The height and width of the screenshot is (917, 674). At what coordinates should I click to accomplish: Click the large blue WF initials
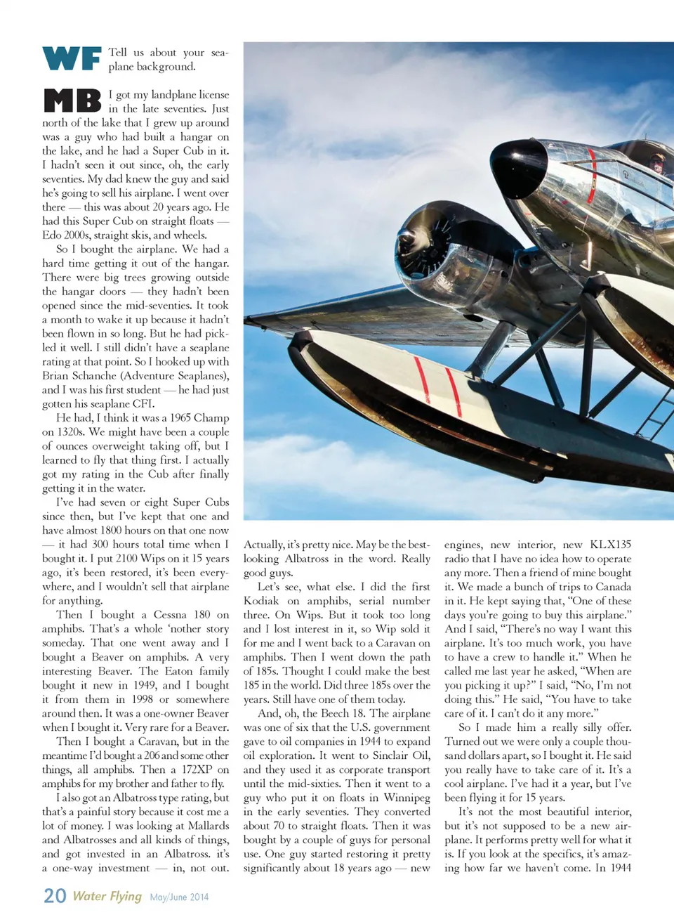pos(72,59)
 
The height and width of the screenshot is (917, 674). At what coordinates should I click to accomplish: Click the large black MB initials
pos(72,100)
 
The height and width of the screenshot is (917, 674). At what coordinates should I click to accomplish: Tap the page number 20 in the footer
pos(55,896)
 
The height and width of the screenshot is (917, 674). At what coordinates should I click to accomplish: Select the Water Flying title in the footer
pos(107,896)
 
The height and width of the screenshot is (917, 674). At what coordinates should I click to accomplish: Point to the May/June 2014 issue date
pos(179,897)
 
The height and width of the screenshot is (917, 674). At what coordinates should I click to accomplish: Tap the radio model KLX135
pos(610,545)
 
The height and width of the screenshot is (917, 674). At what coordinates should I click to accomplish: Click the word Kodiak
pos(262,601)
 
